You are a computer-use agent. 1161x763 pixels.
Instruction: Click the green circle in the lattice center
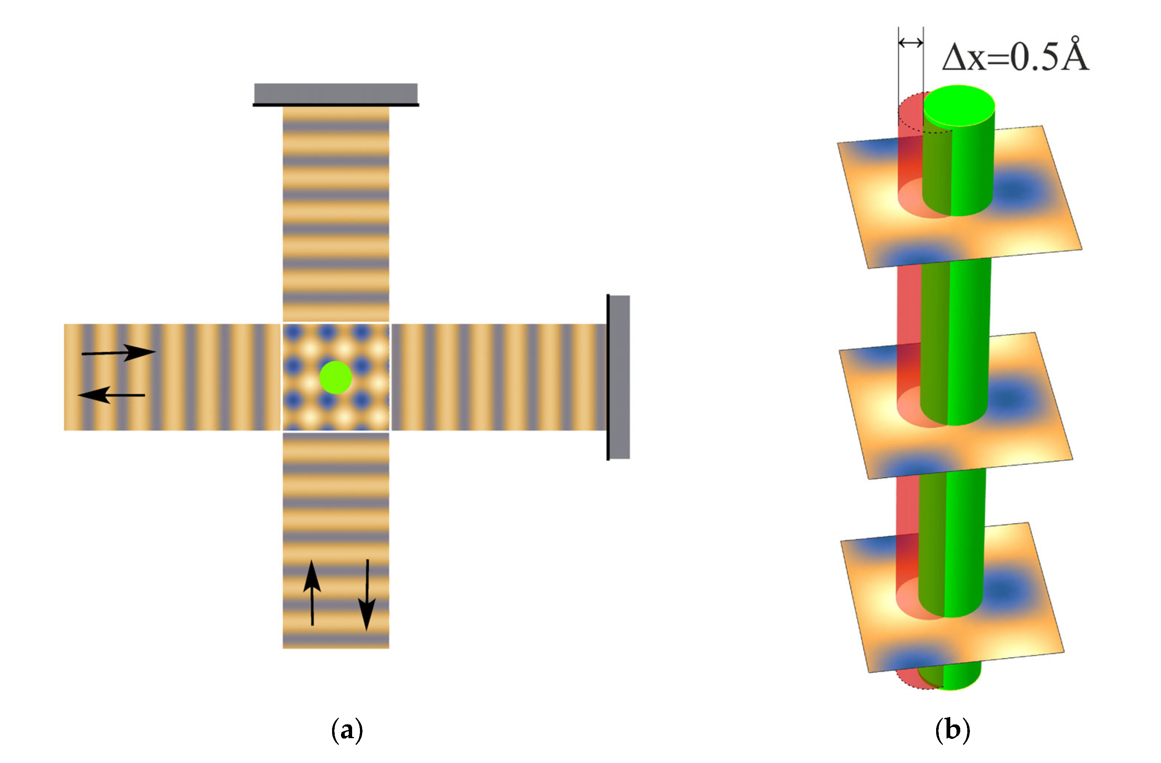[x=336, y=377]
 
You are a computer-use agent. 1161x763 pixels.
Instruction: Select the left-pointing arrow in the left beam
[x=111, y=394]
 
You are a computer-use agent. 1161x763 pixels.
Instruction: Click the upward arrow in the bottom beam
[x=312, y=593]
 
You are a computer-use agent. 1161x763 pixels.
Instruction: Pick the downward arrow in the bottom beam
[x=367, y=595]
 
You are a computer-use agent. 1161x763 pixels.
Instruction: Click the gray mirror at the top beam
[x=336, y=93]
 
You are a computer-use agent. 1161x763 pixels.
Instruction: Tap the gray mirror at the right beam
[x=619, y=377]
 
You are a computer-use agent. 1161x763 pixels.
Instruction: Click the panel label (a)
[x=347, y=730]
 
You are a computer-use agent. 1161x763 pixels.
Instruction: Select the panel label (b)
[x=952, y=730]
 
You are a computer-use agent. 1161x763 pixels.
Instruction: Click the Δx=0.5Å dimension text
[x=1015, y=57]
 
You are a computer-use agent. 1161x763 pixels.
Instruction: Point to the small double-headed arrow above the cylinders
[x=911, y=43]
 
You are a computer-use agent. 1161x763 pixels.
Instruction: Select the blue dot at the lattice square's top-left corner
[x=293, y=332]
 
